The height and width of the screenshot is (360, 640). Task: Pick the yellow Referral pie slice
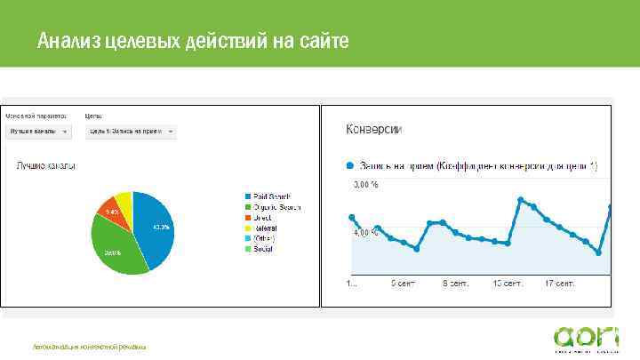click(x=124, y=203)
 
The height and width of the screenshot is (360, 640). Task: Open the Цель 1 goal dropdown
click(x=130, y=132)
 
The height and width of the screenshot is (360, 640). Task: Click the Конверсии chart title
click(x=373, y=130)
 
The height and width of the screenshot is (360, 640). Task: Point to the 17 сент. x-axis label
click(x=561, y=285)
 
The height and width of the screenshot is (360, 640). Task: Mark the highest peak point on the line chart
click(x=521, y=199)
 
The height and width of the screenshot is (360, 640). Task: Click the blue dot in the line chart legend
click(x=350, y=165)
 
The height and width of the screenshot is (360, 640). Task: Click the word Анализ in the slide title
click(x=68, y=41)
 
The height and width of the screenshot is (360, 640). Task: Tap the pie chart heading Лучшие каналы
click(x=44, y=166)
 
